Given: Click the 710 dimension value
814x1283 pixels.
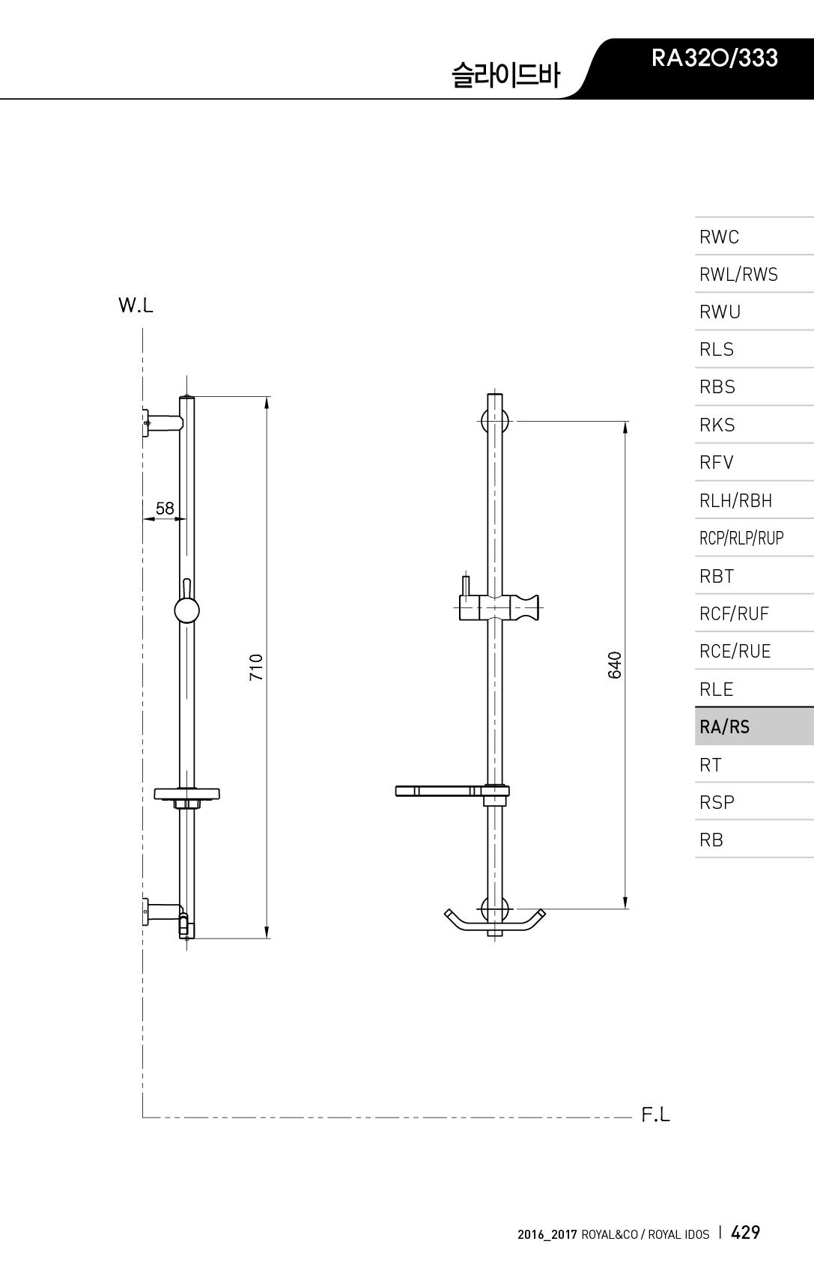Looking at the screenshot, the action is [256, 667].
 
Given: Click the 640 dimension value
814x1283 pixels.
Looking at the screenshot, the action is [614, 665].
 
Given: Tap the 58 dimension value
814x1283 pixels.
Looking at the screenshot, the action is [165, 508].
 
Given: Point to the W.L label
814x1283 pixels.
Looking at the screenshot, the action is [136, 306].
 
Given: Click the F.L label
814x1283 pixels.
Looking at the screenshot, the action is [655, 1114].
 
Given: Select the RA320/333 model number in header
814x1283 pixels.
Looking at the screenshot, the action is [714, 58].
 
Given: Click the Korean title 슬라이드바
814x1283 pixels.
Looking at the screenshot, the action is [505, 75].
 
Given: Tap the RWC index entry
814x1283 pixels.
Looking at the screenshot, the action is [719, 237].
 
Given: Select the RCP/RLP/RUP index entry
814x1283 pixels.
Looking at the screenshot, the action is [741, 538].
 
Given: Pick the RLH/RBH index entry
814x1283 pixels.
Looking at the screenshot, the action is [735, 500].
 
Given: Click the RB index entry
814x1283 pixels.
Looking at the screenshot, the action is [711, 840].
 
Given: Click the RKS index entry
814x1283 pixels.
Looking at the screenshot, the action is [717, 425].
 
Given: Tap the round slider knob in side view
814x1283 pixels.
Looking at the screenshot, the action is [186, 610].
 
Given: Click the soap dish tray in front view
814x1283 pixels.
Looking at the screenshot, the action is [439, 791].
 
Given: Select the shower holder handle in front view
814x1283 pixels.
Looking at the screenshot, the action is [524, 607].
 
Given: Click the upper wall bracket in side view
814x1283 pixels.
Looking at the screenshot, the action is [163, 423].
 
